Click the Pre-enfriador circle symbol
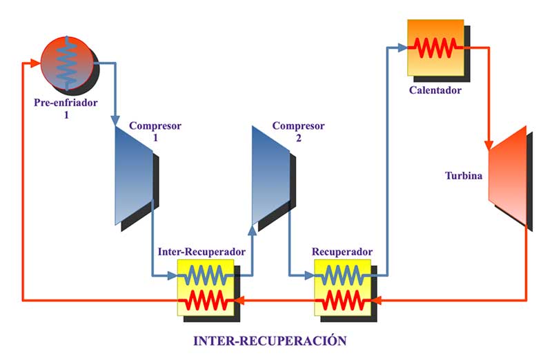click(x=66, y=63)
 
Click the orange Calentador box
click(x=435, y=47)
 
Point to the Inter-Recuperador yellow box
click(x=207, y=288)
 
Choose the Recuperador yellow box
click(x=343, y=288)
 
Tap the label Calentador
click(x=435, y=90)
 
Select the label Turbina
click(x=464, y=175)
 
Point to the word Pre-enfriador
click(x=66, y=103)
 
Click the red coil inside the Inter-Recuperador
click(x=207, y=300)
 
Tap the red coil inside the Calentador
click(x=435, y=48)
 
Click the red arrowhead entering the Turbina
click(x=489, y=146)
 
